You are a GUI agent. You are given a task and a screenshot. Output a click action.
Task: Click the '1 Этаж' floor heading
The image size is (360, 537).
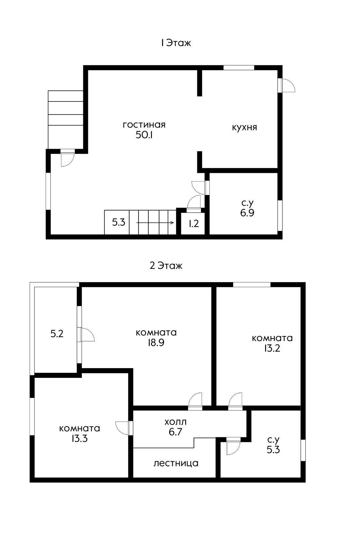point(176,43)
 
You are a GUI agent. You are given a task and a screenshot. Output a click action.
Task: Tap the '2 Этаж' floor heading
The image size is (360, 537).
point(166,265)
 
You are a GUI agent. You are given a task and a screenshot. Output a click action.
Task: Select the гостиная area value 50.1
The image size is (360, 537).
point(144,135)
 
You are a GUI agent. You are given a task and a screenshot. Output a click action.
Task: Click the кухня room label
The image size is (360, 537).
point(245,127)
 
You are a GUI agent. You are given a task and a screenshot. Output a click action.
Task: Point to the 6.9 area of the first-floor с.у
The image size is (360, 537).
point(247,213)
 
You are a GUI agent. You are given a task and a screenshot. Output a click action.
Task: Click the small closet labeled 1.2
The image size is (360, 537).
point(194,224)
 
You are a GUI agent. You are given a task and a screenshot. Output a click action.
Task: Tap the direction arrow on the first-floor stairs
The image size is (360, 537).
point(155,223)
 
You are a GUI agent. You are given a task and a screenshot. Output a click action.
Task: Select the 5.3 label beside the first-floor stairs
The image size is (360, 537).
point(119,223)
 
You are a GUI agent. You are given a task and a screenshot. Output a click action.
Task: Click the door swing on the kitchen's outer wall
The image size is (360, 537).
point(289,85)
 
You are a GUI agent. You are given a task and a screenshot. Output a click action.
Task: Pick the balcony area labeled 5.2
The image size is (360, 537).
point(57,334)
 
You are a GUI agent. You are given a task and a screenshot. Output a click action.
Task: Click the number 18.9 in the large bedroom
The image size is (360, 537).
point(156,343)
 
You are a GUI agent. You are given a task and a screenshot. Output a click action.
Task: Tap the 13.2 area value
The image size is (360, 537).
point(272,348)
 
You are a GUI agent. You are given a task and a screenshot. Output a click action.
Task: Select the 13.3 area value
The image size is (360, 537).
point(79,438)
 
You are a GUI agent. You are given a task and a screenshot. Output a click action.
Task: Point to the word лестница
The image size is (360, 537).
point(176,463)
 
